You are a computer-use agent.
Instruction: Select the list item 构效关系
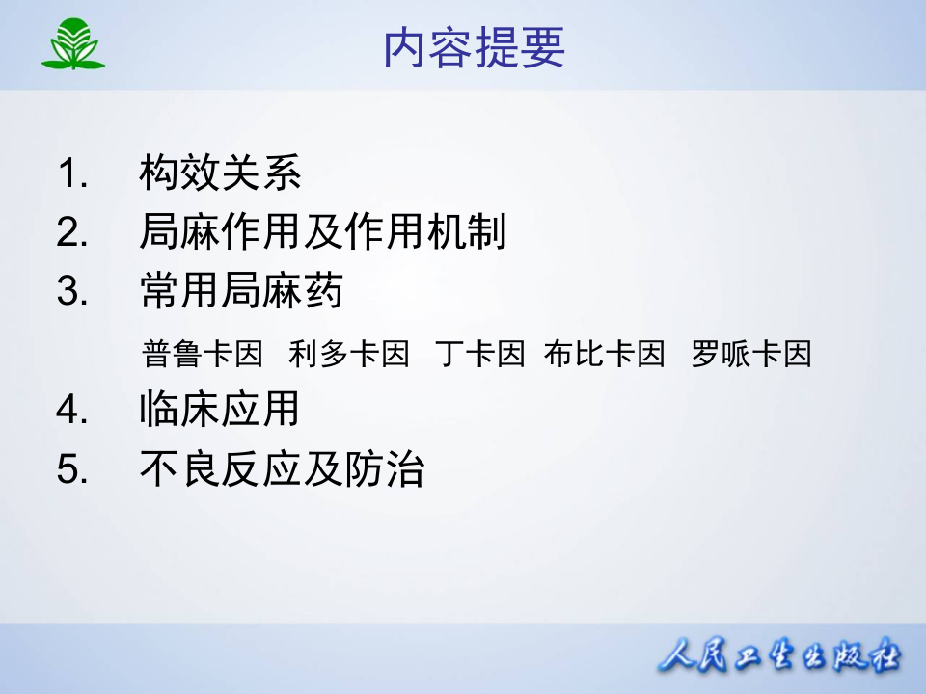[221, 173]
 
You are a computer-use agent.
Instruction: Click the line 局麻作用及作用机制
[323, 232]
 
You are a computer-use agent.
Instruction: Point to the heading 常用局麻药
[241, 290]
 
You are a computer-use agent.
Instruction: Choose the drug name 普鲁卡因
[203, 354]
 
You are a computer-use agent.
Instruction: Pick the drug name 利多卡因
[349, 354]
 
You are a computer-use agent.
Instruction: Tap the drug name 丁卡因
[479, 354]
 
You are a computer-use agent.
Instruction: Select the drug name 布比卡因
[605, 354]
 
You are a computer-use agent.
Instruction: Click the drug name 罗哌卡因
[751, 354]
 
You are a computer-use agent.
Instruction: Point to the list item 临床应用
[220, 410]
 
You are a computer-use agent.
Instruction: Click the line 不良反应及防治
[282, 469]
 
